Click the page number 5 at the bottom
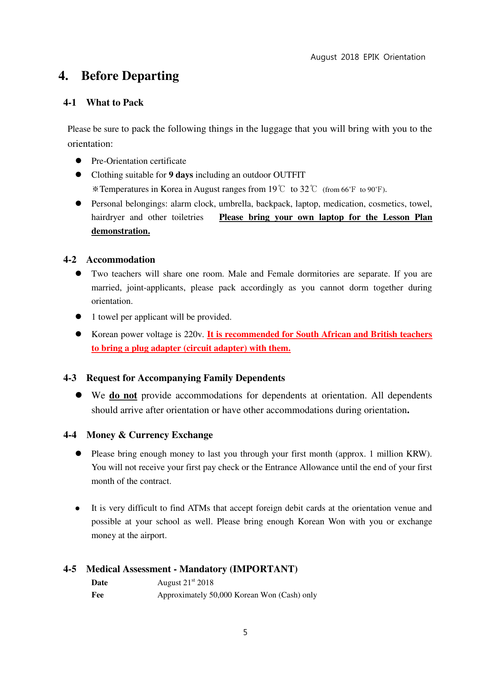coord(245,632)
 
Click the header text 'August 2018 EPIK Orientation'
coord(368,57)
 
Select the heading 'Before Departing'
coord(130,76)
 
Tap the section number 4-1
coord(70,103)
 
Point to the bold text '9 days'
coord(181,175)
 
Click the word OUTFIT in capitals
coord(289,175)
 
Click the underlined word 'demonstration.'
coord(121,231)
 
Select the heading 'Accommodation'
coord(121,260)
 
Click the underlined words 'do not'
coord(123,396)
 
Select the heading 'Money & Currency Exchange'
coord(150,435)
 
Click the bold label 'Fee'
coord(97,595)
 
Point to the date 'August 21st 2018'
coord(185,583)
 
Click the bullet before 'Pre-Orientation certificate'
coord(78,161)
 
